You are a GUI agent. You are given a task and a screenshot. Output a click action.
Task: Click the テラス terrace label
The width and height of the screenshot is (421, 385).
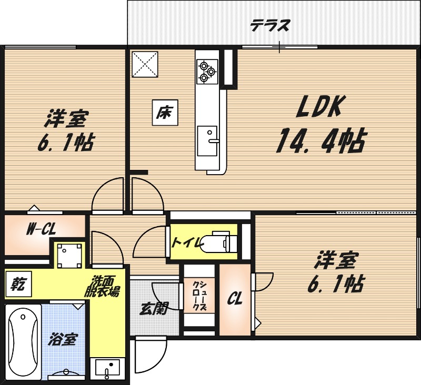pyautogui.click(x=269, y=25)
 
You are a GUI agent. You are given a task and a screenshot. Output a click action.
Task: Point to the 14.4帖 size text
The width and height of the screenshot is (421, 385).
pyautogui.click(x=320, y=140)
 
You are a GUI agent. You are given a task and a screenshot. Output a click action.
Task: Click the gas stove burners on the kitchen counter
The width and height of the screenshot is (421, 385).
pyautogui.click(x=206, y=72)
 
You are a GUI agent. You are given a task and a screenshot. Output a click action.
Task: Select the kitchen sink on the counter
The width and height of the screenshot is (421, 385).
pyautogui.click(x=207, y=140)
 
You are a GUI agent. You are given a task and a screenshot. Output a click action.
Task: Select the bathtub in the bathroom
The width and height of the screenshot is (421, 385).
pyautogui.click(x=23, y=342)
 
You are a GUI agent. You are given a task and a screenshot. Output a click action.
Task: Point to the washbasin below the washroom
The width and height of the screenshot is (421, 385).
pyautogui.click(x=107, y=367)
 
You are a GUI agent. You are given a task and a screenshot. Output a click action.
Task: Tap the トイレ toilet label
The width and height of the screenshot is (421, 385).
pyautogui.click(x=185, y=243)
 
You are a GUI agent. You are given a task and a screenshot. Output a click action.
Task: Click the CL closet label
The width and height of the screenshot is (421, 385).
pyautogui.click(x=234, y=299)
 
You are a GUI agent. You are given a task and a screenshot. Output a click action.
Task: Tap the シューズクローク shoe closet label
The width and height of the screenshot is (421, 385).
pyautogui.click(x=199, y=296)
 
